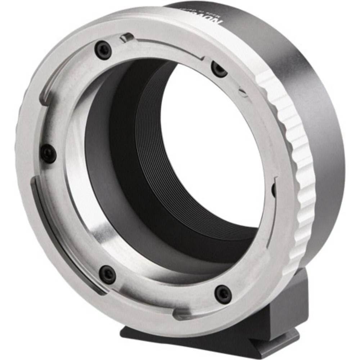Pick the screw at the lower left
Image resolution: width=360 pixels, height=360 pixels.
pos(107,275)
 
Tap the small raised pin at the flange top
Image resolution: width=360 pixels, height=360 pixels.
pos(127,37)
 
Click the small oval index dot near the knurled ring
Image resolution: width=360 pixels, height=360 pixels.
pos(243,93)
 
